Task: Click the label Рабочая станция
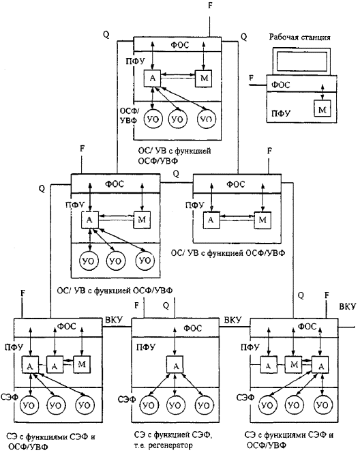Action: click(299, 38)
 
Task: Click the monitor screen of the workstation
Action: click(301, 61)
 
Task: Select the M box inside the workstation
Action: click(322, 109)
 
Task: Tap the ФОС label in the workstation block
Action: click(281, 85)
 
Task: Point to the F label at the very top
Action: click(210, 5)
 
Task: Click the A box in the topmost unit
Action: click(152, 78)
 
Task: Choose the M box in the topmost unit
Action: click(204, 78)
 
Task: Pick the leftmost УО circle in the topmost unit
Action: click(153, 119)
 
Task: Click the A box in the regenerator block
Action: click(175, 364)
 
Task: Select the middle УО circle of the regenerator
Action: click(175, 405)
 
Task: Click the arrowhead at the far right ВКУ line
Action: click(354, 327)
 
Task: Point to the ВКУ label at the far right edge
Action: click(348, 307)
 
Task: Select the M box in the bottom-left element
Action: click(82, 364)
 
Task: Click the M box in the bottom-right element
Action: click(294, 364)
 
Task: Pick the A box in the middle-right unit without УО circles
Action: click(211, 220)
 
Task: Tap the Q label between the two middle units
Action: click(176, 174)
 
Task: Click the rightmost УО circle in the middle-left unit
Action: click(145, 261)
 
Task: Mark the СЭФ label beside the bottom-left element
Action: click(10, 397)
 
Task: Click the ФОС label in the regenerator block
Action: click(192, 328)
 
